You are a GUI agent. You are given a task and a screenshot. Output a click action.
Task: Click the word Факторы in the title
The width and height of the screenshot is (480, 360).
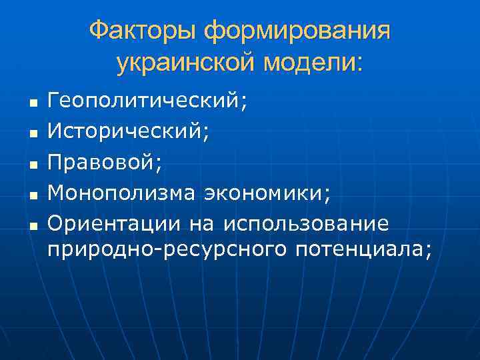[143, 31]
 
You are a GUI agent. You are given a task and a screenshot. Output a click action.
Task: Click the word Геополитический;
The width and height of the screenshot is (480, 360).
[147, 102]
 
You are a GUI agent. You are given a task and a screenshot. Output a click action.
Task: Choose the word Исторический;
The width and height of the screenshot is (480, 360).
[128, 132]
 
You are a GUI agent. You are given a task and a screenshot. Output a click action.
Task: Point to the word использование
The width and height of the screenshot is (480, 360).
[307, 222]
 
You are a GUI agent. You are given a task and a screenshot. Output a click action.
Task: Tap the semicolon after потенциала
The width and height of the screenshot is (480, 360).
[428, 252]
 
